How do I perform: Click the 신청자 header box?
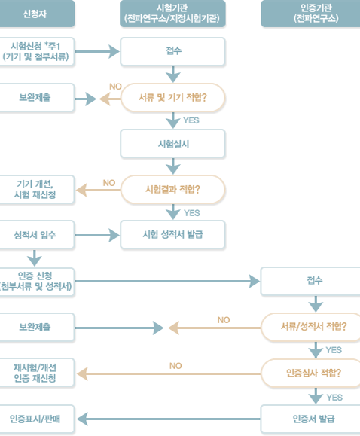coord(37,14)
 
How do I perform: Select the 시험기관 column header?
coord(172,14)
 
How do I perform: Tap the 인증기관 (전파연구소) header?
coord(310,14)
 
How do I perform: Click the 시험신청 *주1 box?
coord(37,51)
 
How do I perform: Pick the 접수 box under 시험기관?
coord(172,51)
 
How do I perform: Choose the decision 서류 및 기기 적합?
coord(172,98)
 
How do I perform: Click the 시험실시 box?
coord(172,144)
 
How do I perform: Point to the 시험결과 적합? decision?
coord(172,190)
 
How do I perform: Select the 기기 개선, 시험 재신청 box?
coord(37,189)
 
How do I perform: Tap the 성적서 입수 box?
coord(37,235)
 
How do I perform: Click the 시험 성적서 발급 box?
coord(172,235)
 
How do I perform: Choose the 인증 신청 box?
coord(37,282)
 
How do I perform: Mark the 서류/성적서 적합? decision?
coord(311,327)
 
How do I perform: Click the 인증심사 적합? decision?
coord(311,373)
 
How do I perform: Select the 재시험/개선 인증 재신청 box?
coord(37,373)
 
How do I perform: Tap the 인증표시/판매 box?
coord(37,419)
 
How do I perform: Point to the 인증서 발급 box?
coord(310,419)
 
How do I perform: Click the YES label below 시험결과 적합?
coord(192,213)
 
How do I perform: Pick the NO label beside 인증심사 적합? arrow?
coord(175,366)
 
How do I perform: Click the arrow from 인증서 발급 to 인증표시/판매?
coord(169,419)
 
